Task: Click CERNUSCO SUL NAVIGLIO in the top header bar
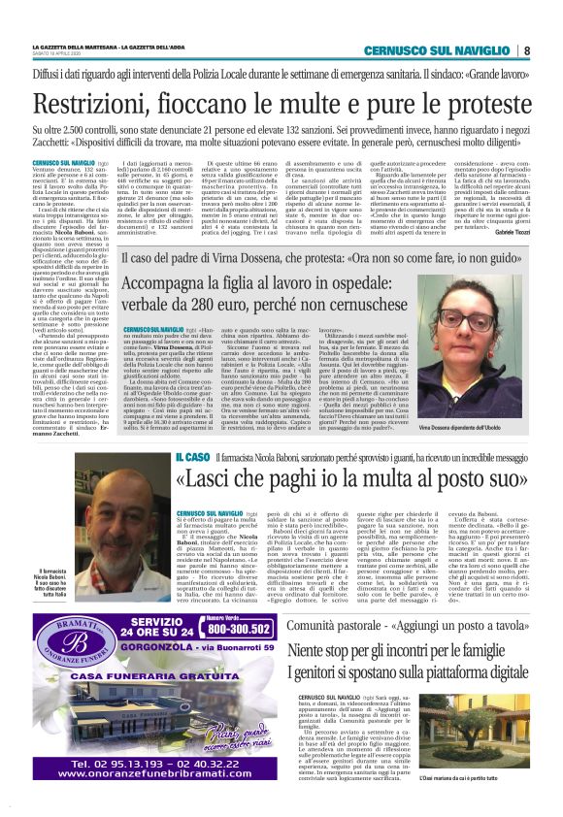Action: pos(453,50)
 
